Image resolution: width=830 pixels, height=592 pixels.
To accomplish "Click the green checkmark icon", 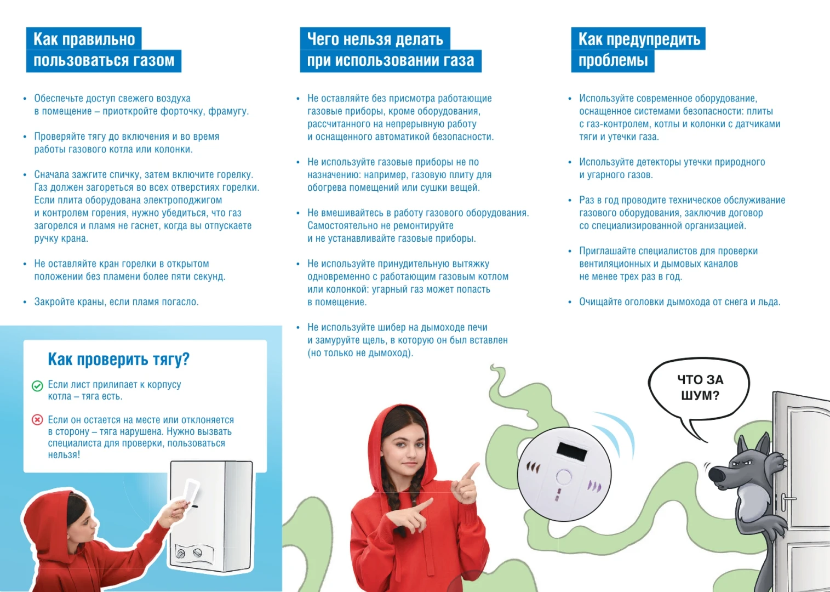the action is pos(37,386).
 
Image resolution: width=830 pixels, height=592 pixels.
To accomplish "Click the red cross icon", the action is pos(37,420).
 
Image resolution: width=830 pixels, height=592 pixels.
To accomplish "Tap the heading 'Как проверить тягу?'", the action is pos(118,359).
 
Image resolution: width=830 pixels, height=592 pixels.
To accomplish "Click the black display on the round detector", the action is pos(572,451).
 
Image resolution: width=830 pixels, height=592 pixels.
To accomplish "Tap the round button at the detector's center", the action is pos(564,477).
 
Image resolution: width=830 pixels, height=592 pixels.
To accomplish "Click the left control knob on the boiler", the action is pos(181,554).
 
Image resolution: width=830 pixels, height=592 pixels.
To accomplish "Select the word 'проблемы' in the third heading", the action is pos(613,60).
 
